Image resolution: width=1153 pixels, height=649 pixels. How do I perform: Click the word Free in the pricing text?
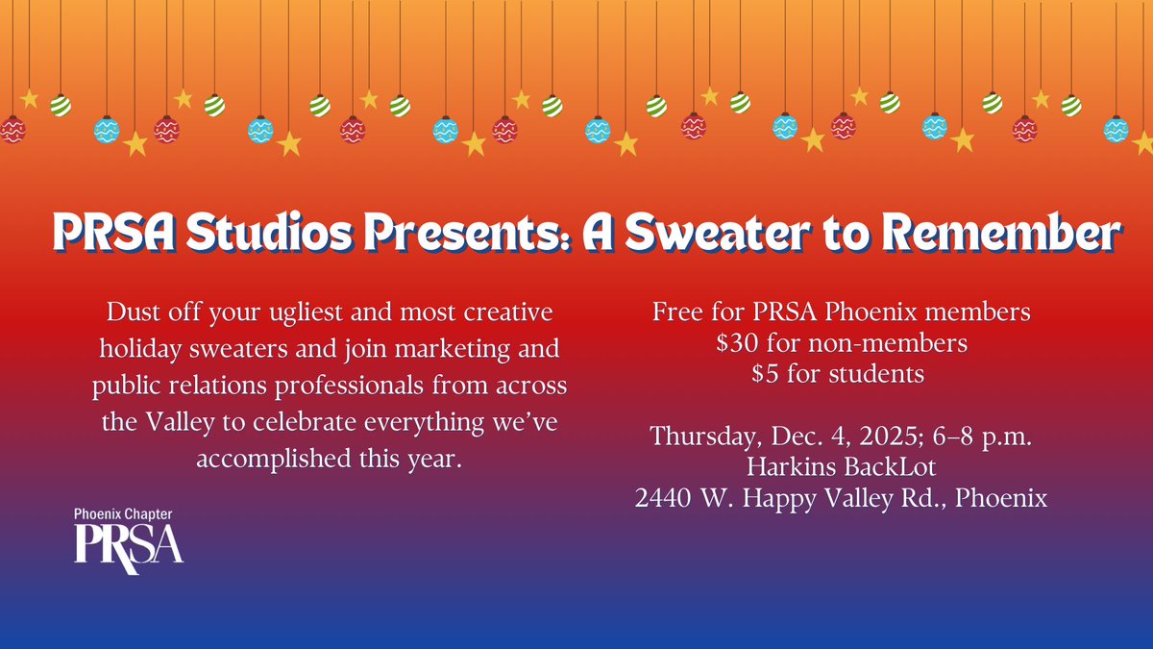pyautogui.click(x=677, y=312)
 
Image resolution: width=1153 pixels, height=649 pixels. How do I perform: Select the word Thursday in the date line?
pyautogui.click(x=706, y=437)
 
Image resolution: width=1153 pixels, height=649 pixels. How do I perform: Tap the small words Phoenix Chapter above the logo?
pyautogui.click(x=125, y=514)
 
